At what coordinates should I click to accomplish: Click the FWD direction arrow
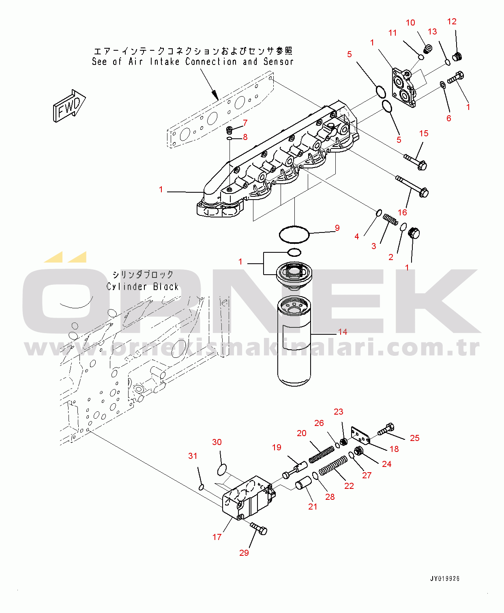click(69, 105)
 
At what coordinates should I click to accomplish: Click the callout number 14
click(343, 332)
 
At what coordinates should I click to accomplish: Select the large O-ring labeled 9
click(294, 234)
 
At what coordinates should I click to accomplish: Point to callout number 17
click(217, 537)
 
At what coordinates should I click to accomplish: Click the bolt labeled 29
click(259, 528)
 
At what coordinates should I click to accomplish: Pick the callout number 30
click(217, 442)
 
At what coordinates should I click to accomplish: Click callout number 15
click(424, 133)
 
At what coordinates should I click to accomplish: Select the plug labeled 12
click(457, 57)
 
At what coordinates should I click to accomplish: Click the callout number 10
click(410, 23)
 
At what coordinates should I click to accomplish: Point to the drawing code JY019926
click(445, 579)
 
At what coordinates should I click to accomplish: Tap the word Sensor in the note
click(278, 62)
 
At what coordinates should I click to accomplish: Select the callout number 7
click(245, 123)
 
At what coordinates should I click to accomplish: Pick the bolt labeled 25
click(386, 429)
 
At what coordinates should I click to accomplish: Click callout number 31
click(193, 456)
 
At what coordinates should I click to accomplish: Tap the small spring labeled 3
click(390, 219)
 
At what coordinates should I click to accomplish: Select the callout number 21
click(313, 506)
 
